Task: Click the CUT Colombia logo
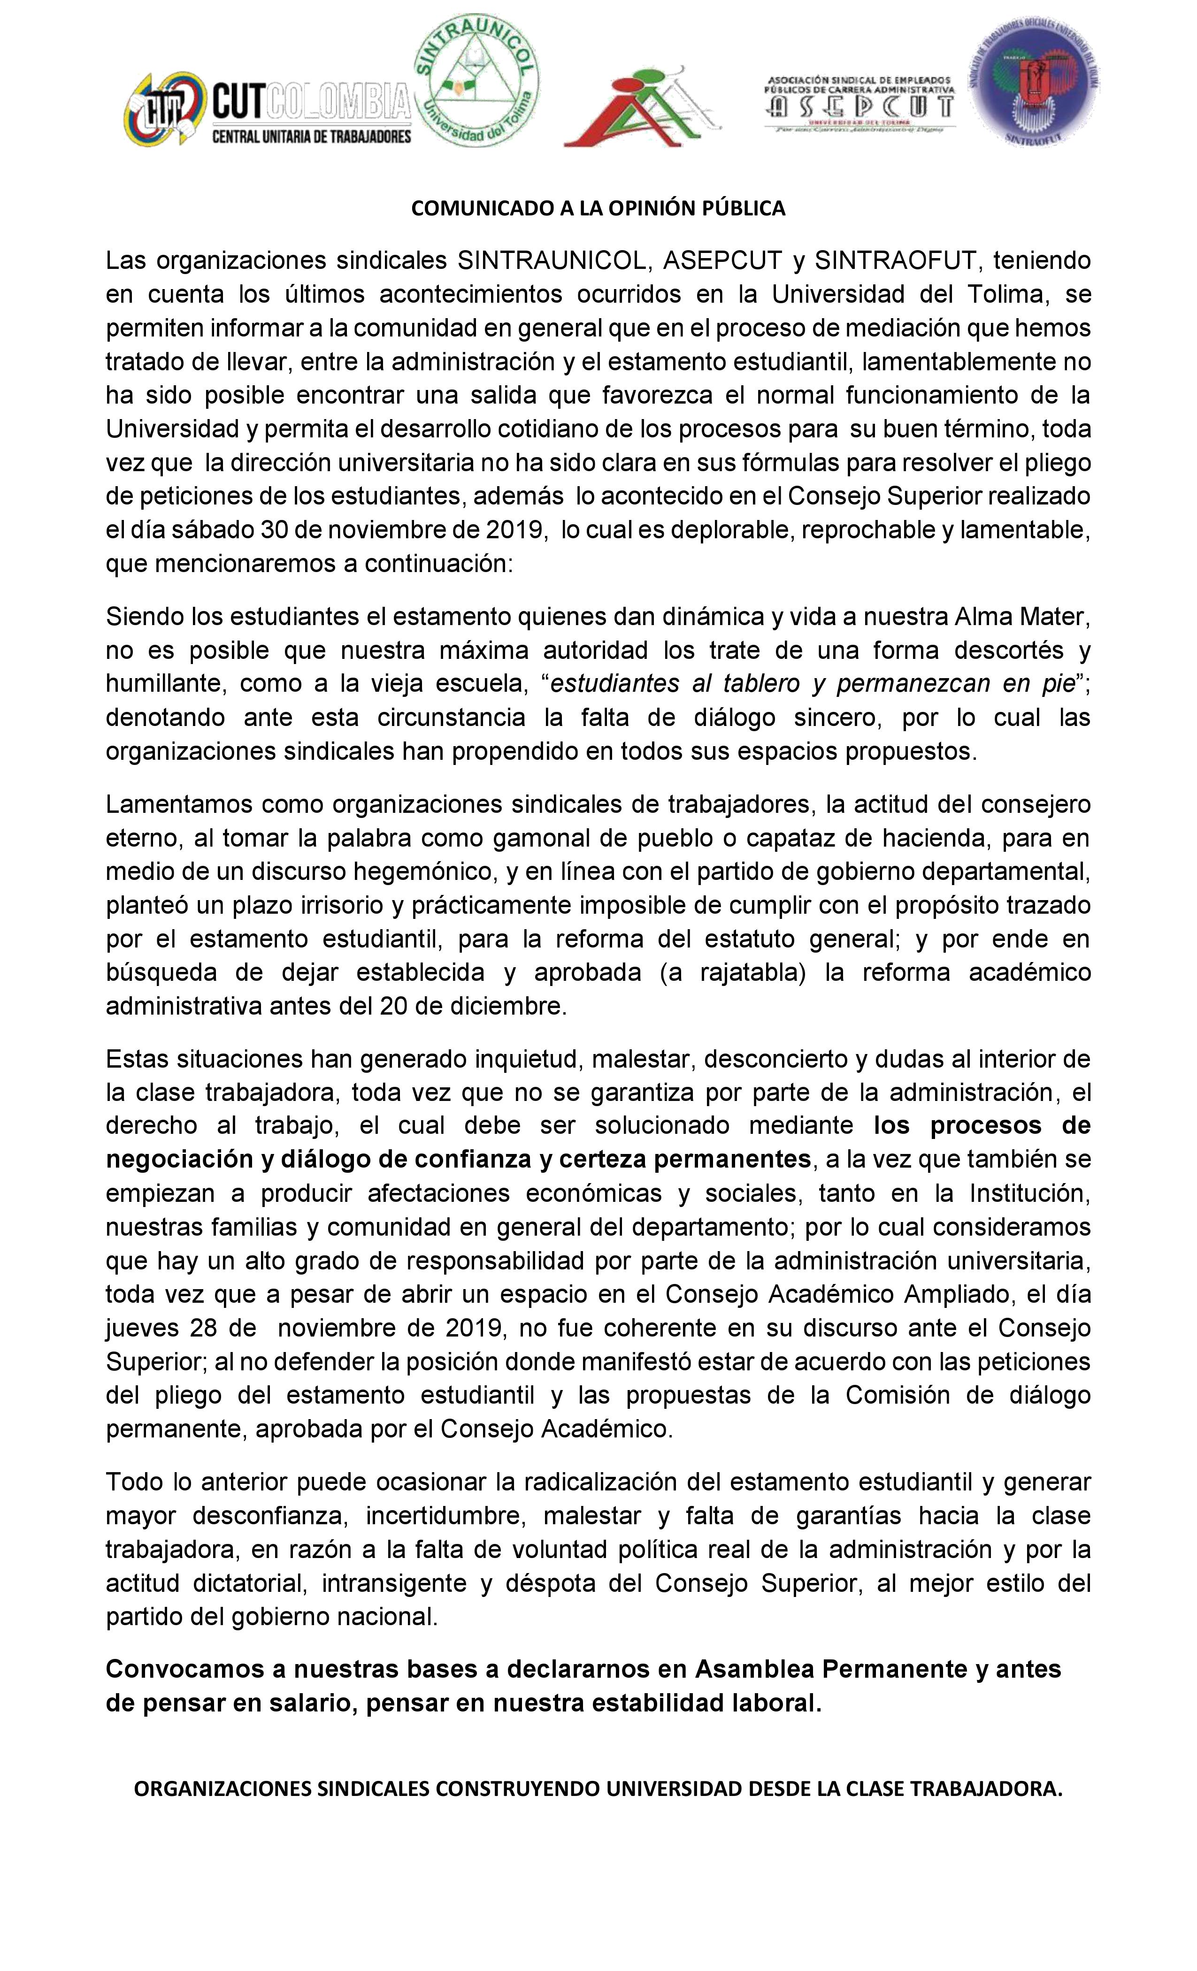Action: coord(267,110)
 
